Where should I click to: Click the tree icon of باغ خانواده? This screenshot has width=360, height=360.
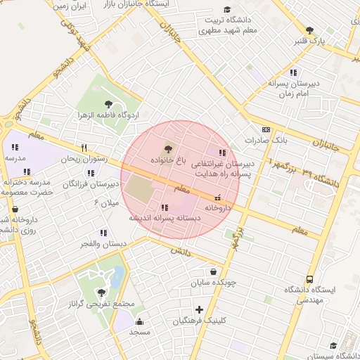167,148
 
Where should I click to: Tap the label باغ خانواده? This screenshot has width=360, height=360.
167,160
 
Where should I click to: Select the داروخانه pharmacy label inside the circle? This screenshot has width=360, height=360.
217,208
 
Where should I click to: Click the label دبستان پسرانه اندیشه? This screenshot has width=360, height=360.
164,219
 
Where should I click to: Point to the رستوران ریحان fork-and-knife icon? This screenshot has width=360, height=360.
84,148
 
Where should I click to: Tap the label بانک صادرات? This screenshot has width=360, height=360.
266,141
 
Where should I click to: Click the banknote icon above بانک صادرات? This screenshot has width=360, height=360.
266,129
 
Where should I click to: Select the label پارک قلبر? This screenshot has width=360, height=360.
330,41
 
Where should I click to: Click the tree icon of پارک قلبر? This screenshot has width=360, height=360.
309,30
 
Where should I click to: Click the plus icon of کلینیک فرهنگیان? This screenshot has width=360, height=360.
199,309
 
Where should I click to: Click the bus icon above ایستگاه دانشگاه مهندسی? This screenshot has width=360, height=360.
310,278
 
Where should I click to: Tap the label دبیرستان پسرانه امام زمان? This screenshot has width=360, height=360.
293,88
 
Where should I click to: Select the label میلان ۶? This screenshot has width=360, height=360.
107,203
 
